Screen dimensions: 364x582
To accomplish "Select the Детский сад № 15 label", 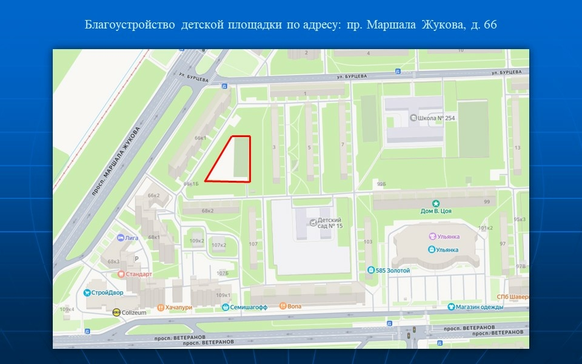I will pyautogui.click(x=330, y=223).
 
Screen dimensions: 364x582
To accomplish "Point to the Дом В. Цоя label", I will pyautogui.click(x=436, y=211).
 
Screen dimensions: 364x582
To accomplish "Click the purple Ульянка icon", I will pyautogui.click(x=432, y=237).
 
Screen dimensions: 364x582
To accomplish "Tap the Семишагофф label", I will pyautogui.click(x=249, y=307).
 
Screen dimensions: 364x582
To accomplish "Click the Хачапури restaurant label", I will pyautogui.click(x=178, y=308).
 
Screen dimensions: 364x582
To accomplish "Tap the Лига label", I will pyautogui.click(x=132, y=238).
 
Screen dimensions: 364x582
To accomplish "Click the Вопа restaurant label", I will pyautogui.click(x=294, y=306).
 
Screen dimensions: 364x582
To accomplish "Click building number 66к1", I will pyautogui.click(x=200, y=138).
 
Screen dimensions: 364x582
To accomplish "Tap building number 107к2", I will pyautogui.click(x=218, y=245).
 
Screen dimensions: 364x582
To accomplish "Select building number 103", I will pyautogui.click(x=368, y=242).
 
